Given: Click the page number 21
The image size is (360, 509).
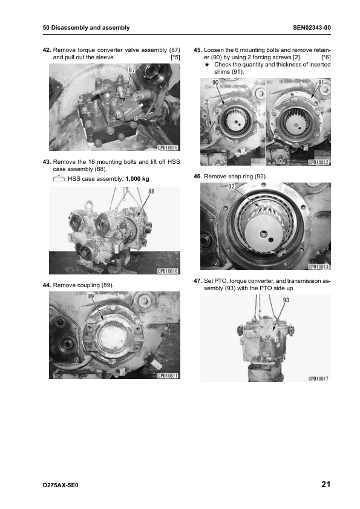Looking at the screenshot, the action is point(326,484).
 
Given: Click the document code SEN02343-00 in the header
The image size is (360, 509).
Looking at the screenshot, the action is point(312,28).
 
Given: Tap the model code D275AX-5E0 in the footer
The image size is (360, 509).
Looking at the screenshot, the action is point(61,485).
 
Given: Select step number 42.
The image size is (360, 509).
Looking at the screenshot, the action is point(47,50).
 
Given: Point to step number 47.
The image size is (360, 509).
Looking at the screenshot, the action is point(198,280).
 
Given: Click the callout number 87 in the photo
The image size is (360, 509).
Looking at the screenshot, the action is point(131,70).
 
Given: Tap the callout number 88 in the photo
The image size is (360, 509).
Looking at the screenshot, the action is point(151,191).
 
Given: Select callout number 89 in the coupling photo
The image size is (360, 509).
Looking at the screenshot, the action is point(91,296).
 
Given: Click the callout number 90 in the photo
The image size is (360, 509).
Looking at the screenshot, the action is point(215,82).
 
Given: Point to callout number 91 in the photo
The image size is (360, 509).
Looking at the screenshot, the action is point(321,82).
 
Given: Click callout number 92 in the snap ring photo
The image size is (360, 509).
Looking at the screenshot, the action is point(231,187).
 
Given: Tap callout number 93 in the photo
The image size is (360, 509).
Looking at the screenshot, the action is point(286,300).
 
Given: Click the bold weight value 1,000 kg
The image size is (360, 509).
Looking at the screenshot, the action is point(137,179).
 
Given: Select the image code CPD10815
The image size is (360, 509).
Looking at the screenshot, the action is point(168,148).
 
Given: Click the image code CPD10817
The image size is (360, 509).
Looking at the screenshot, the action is point(318,378).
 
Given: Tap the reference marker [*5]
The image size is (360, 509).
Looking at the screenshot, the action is point(175,57).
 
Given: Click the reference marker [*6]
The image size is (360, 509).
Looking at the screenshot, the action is point(326,57).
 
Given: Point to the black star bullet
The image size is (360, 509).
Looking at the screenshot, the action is point(207,65).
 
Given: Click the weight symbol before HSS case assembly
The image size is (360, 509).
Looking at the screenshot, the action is point(59,178).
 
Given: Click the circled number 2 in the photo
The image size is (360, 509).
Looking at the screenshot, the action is point(206,102).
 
